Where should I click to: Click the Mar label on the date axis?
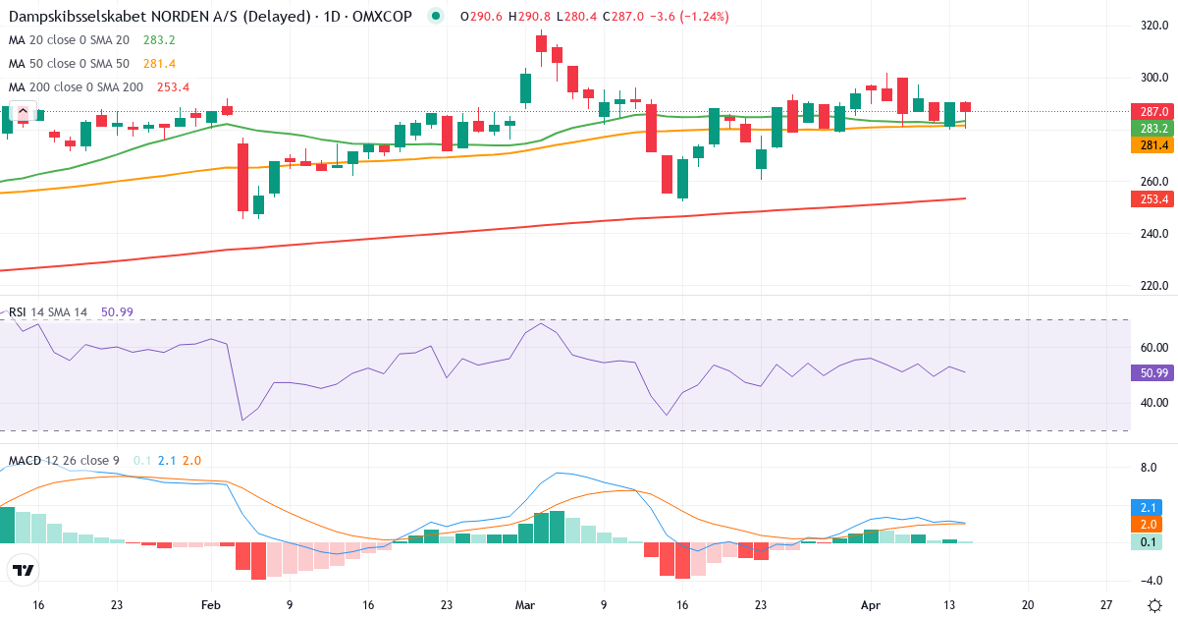click(x=524, y=605)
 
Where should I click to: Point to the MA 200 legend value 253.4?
click(x=174, y=86)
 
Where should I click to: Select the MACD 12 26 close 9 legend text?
click(x=65, y=460)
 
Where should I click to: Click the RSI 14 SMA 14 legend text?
click(x=48, y=311)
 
